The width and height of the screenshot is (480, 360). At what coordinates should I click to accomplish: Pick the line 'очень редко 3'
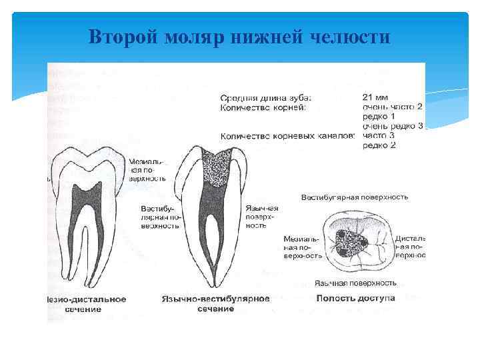point(393,125)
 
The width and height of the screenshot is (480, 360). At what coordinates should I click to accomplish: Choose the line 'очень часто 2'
point(393,106)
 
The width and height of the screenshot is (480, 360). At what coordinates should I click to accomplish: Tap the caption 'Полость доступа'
point(356,297)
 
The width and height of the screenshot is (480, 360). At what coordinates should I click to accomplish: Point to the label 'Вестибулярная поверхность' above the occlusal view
point(355,197)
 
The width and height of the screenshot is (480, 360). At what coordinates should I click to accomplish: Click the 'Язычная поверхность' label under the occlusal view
point(355,283)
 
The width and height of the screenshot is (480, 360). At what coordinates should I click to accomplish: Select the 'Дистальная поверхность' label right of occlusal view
point(409,247)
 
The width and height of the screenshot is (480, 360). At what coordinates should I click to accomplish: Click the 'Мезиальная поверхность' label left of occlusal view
point(302,247)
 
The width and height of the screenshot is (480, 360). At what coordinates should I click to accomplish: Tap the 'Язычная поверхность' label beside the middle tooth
point(262,217)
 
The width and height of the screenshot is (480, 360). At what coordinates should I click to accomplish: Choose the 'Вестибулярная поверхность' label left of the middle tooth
point(160,217)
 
